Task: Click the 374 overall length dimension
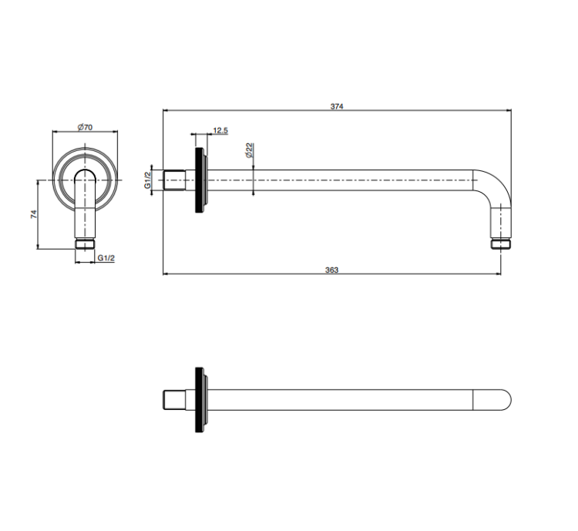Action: click(337, 106)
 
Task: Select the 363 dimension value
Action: click(331, 271)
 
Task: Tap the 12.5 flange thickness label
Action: click(220, 130)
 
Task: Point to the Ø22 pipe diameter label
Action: click(250, 150)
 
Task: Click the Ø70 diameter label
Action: click(85, 127)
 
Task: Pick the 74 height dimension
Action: click(34, 214)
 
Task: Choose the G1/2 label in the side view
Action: click(148, 180)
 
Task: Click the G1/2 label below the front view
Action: click(106, 258)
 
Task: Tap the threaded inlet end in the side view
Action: click(174, 180)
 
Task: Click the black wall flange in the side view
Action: click(200, 180)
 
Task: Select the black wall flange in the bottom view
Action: click(200, 400)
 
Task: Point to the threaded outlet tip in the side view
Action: click(501, 244)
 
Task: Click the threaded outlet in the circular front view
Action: click(85, 244)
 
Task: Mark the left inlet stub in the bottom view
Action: click(174, 400)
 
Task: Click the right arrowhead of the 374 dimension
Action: click(509, 110)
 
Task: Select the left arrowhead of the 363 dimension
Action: click(166, 274)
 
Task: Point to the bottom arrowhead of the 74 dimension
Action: click(38, 247)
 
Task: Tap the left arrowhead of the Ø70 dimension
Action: click(55, 131)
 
